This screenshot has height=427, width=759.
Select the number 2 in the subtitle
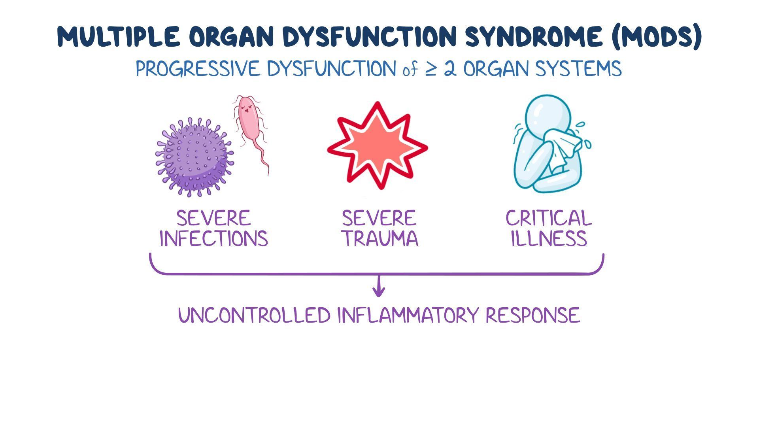click(450, 69)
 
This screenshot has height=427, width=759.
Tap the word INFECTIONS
click(213, 239)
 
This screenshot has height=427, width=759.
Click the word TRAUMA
click(379, 239)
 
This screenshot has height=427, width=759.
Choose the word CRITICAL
click(548, 218)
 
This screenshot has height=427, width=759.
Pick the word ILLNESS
click(548, 239)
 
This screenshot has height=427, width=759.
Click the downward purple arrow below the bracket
click(379, 287)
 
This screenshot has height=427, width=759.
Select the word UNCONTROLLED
click(254, 316)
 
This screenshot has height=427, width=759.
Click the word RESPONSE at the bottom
click(532, 316)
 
